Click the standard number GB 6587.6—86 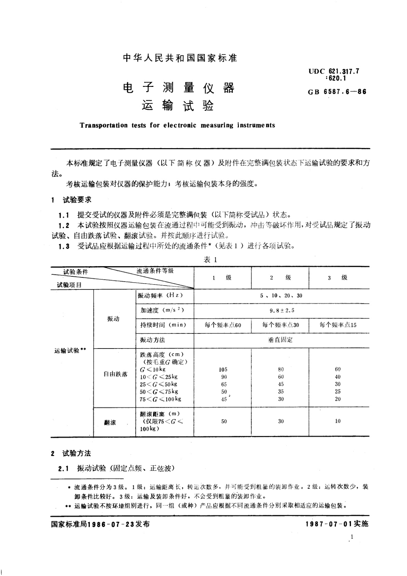point(337,92)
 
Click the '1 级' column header point(222,278)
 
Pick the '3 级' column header point(338,278)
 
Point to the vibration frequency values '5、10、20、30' point(281,296)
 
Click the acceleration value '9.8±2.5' point(281,311)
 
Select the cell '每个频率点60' point(222,325)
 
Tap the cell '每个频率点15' point(338,325)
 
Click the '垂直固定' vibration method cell point(281,340)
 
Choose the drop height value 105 point(223,369)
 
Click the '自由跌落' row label point(116,374)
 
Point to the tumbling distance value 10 point(338,421)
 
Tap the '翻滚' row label point(110,423)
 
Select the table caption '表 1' point(210,260)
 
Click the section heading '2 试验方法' point(71,454)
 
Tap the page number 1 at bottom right point(352,537)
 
